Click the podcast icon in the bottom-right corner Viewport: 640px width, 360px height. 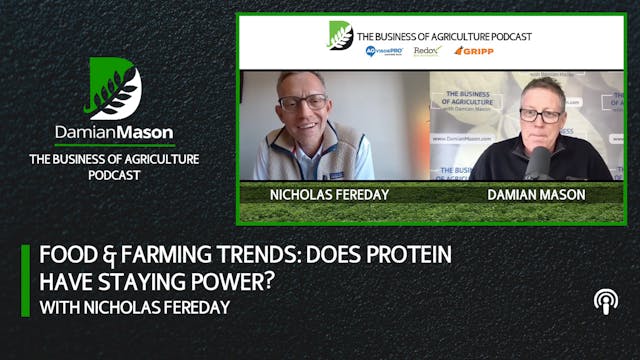pyautogui.click(x=605, y=300)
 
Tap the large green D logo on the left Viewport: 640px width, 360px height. pyautogui.click(x=114, y=89)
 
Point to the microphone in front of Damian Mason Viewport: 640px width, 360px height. pyautogui.click(x=541, y=162)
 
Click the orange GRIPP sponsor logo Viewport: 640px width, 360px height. pyautogui.click(x=473, y=51)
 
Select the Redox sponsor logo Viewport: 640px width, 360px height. pyautogui.click(x=427, y=51)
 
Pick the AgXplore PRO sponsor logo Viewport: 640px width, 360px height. pyautogui.click(x=384, y=51)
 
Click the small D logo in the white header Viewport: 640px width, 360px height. pyautogui.click(x=341, y=36)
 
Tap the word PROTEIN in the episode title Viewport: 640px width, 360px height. pyautogui.click(x=401, y=254)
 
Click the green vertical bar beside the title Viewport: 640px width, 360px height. pyautogui.click(x=25, y=279)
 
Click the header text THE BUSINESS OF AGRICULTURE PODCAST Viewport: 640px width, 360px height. pyautogui.click(x=445, y=36)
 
